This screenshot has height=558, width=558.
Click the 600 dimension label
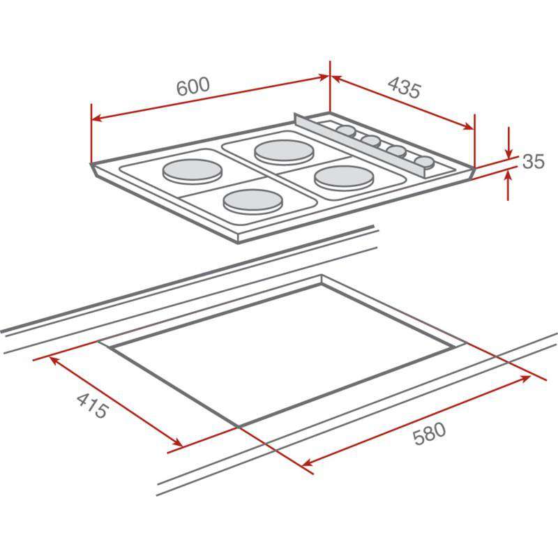click(193, 86)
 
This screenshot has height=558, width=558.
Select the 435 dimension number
click(404, 89)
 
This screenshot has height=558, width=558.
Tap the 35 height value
click(533, 162)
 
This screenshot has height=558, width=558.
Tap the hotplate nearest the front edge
click(252, 200)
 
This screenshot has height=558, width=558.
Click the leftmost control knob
click(345, 131)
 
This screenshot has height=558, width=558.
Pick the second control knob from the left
click(371, 142)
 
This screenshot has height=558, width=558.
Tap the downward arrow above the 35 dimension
click(509, 153)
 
